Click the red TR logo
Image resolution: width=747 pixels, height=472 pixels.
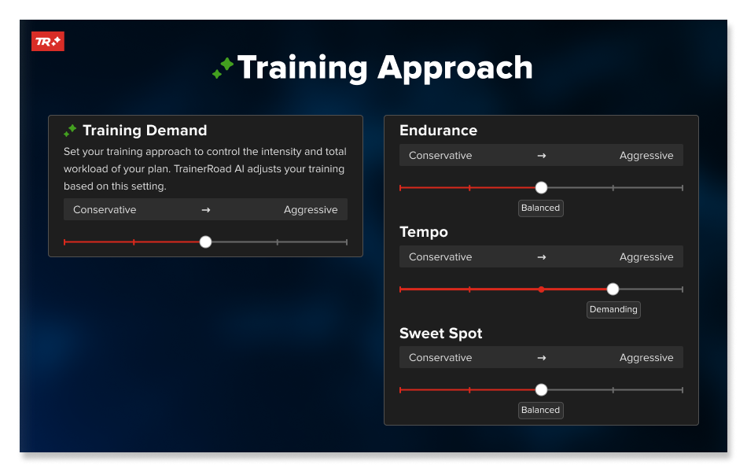[x=48, y=42]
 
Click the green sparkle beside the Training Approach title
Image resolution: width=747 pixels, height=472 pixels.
[x=223, y=68]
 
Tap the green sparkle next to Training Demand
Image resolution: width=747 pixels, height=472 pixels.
[x=70, y=130]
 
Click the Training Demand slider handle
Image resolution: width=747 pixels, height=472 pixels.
[x=205, y=242]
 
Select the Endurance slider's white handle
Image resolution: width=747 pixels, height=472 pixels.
[x=541, y=188]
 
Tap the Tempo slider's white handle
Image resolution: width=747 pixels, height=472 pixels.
[x=613, y=289]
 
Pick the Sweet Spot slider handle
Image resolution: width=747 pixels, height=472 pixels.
[x=541, y=390]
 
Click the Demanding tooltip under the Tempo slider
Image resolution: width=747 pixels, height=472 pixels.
[x=613, y=309]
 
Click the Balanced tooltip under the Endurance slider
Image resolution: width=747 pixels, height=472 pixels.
[x=541, y=208]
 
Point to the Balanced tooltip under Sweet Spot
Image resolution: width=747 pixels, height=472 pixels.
[x=541, y=411]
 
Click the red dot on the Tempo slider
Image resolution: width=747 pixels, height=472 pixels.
[x=541, y=289]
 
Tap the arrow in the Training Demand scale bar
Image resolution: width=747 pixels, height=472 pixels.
[x=206, y=210]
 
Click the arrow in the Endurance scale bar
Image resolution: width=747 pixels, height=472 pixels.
[x=542, y=156]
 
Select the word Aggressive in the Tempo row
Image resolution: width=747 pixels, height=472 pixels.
[x=646, y=257]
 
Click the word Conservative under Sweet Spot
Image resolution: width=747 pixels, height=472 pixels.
[x=440, y=358]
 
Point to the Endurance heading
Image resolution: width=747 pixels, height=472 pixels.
[x=438, y=130]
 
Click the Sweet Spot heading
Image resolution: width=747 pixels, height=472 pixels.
[x=440, y=334]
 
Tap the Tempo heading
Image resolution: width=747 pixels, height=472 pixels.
[x=424, y=232]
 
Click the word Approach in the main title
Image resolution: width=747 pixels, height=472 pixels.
[x=455, y=68]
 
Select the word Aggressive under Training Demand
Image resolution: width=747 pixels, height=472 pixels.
[x=311, y=210]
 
